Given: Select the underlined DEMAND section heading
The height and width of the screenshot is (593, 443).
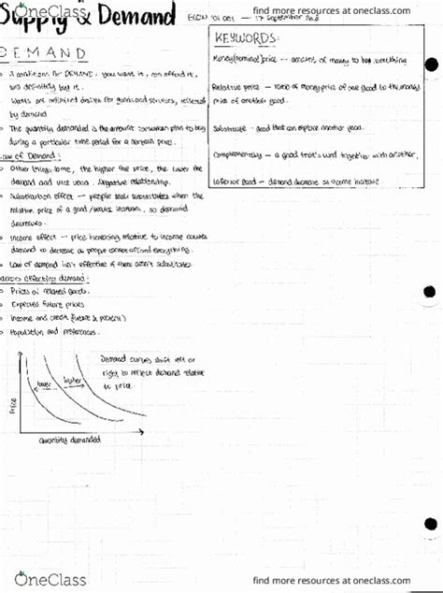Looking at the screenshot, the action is coord(58,52).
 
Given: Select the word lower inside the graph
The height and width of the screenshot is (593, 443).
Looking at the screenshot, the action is coord(44,384).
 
